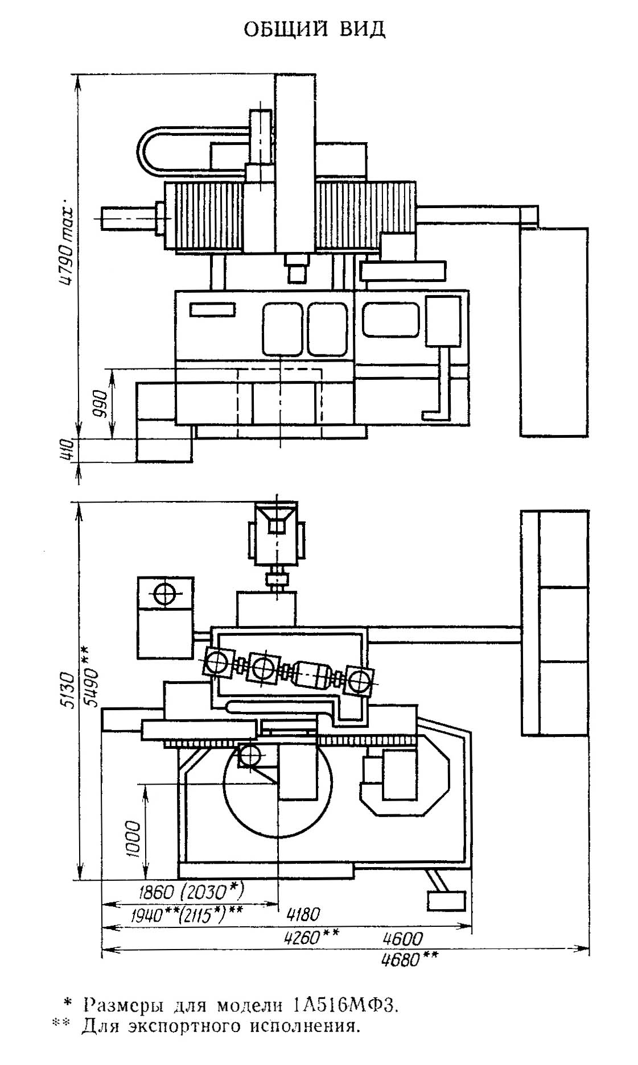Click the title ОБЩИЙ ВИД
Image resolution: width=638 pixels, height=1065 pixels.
coord(315,29)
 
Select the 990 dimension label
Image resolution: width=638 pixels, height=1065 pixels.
coord(102,403)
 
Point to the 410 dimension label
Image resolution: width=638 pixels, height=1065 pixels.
coord(68,449)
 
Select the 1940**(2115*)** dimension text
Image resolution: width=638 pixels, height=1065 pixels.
coord(187,914)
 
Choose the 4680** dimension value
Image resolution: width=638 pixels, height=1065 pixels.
coord(410,960)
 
